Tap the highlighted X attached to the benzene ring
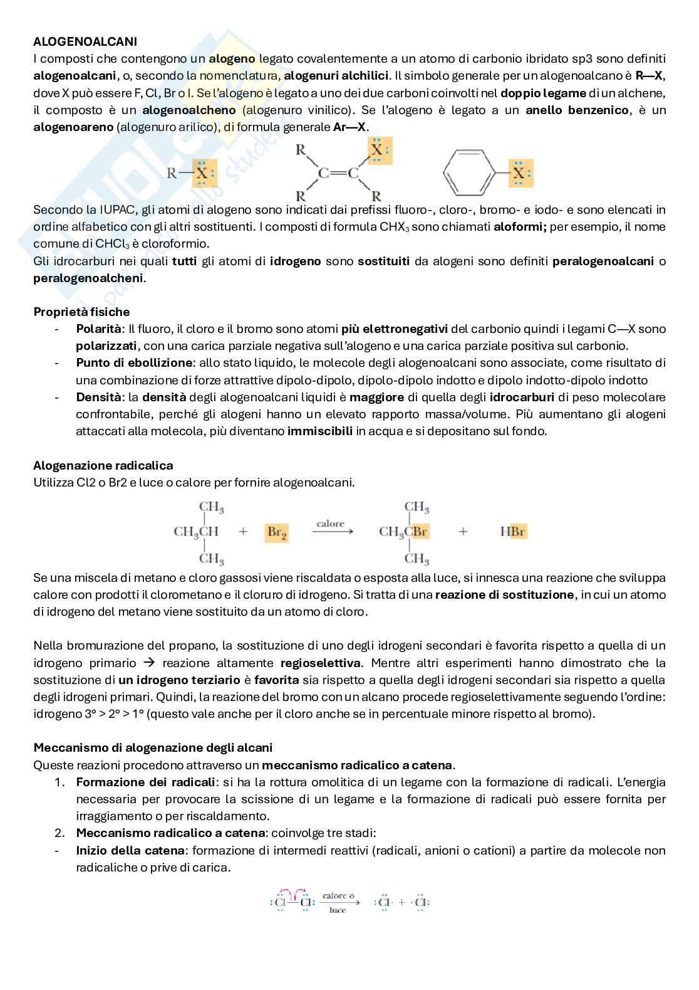click(519, 174)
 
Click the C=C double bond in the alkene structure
click(337, 174)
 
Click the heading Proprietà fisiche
click(81, 312)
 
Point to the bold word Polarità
click(98, 329)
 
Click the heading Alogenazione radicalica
click(103, 465)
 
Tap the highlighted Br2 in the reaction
click(276, 532)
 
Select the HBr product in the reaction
click(513, 532)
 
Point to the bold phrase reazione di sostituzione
click(504, 595)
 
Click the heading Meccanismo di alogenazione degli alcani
click(153, 747)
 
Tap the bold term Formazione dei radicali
click(145, 782)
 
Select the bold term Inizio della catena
click(130, 851)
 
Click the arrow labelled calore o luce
click(341, 903)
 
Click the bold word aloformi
click(520, 227)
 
